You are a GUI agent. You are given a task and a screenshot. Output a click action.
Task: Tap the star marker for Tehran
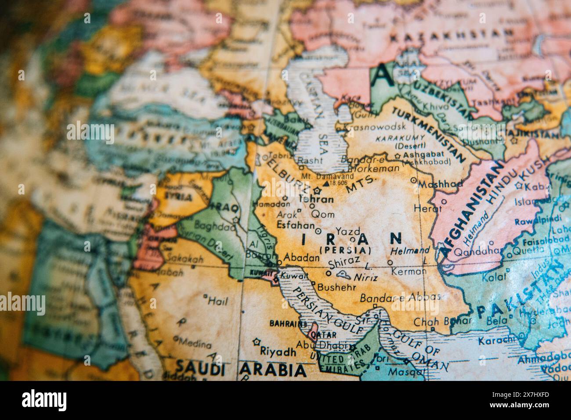(318, 190)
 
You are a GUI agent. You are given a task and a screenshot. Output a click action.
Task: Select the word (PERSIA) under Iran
(345, 250)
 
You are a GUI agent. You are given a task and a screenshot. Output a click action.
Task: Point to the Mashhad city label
(440, 185)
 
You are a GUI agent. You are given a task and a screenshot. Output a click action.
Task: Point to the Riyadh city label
(278, 352)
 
